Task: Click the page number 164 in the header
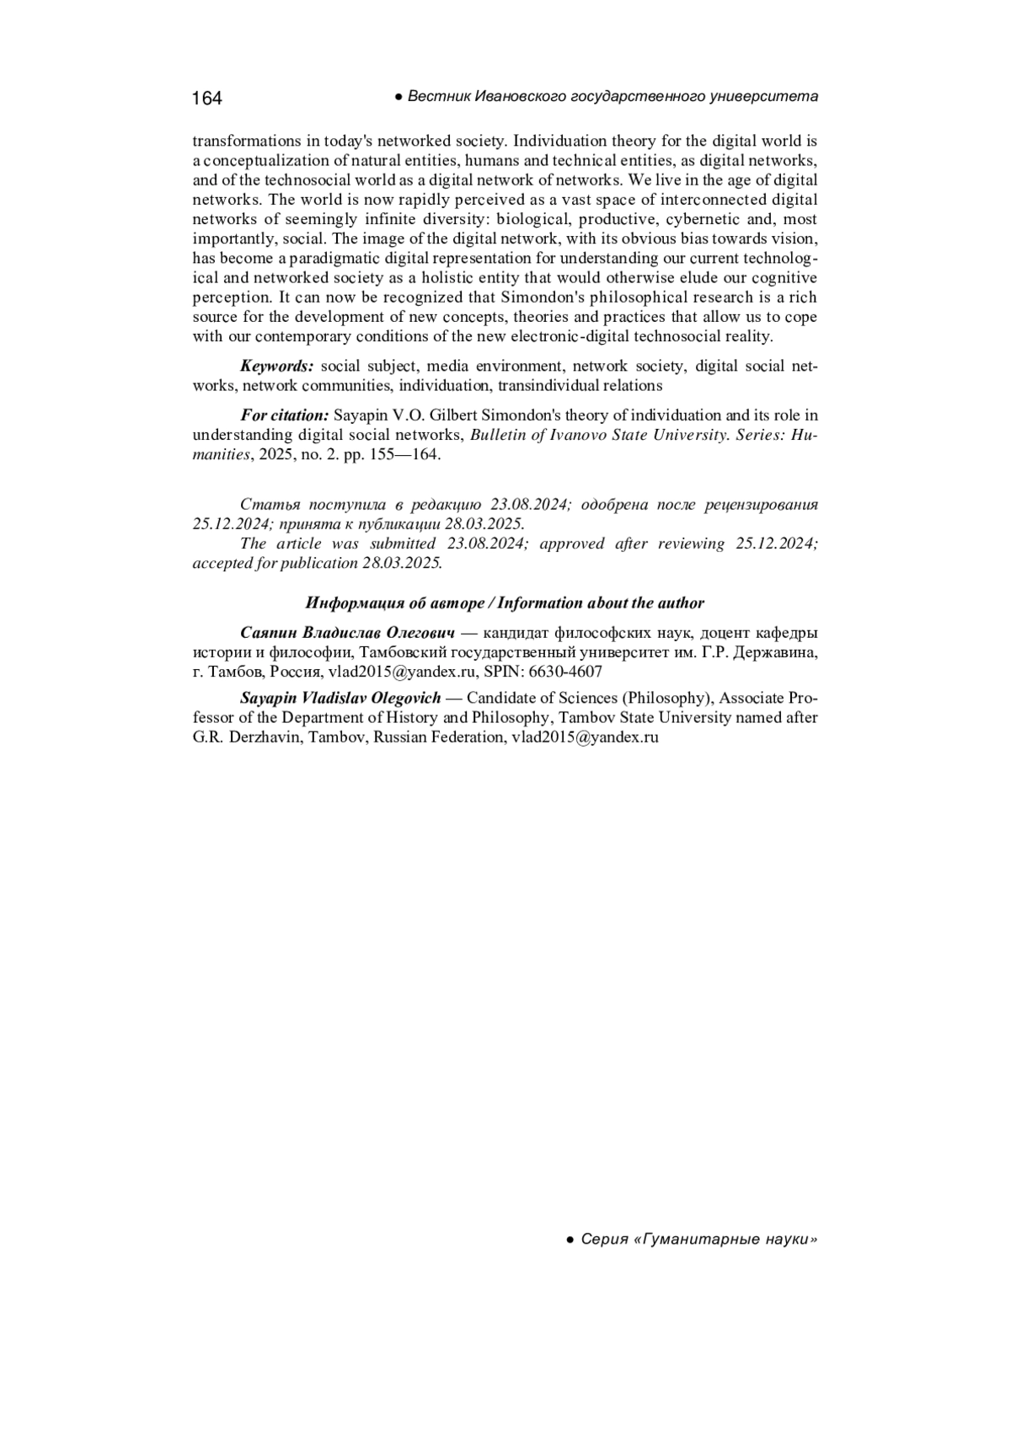[206, 99]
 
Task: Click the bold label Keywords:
[277, 366]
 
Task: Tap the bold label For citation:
[285, 415]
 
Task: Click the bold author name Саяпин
[268, 632]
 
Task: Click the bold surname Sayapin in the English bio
[267, 698]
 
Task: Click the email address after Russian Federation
[585, 736]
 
